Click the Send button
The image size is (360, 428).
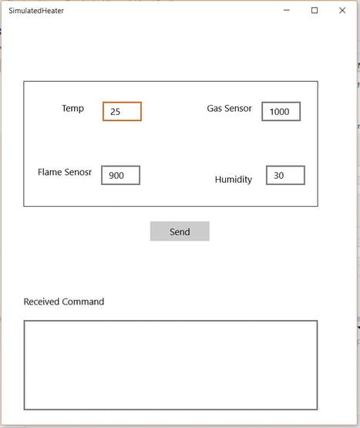(x=180, y=231)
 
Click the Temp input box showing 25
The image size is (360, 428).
(x=122, y=111)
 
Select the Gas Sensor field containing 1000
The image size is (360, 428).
(x=281, y=111)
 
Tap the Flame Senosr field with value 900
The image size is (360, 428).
(x=120, y=175)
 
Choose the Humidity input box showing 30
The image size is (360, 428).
(x=285, y=175)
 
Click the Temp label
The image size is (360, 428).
(x=72, y=109)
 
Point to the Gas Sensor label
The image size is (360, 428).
(x=229, y=109)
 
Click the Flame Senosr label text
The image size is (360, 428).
(x=65, y=172)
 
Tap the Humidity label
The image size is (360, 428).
(x=234, y=180)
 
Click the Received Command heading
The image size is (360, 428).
(x=64, y=302)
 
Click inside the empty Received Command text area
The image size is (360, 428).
(x=170, y=366)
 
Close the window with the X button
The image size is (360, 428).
(x=342, y=10)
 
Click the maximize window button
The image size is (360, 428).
(x=315, y=10)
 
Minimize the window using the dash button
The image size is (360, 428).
(x=287, y=10)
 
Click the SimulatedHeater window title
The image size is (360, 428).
(x=36, y=11)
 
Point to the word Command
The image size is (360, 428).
(x=83, y=302)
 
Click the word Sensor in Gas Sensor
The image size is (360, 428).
(x=237, y=109)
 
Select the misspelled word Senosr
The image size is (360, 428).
(x=78, y=172)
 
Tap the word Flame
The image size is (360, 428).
(x=49, y=172)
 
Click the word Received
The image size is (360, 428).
(x=42, y=302)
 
